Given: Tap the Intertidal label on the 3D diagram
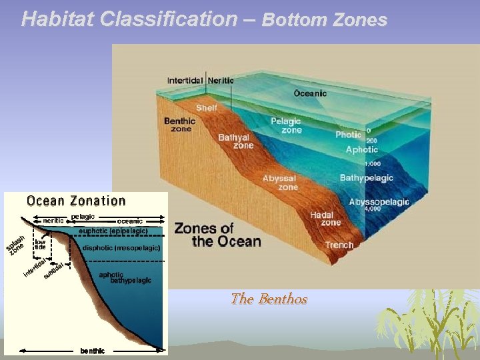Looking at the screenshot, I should click(x=185, y=81).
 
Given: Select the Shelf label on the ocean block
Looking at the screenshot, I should click(x=206, y=108).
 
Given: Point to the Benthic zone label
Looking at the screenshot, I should click(x=180, y=125).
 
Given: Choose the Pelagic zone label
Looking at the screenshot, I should click(x=286, y=125).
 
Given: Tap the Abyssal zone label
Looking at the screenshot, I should click(x=280, y=183).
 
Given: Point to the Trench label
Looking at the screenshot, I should click(x=339, y=245).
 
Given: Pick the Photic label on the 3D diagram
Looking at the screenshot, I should click(x=348, y=135).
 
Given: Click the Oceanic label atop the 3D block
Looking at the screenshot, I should click(x=311, y=93).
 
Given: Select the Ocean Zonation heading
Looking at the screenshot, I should click(x=76, y=201).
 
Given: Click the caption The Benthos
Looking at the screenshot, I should click(x=269, y=299).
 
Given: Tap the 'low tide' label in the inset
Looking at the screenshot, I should click(x=41, y=244).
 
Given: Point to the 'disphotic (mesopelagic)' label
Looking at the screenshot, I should click(x=121, y=248).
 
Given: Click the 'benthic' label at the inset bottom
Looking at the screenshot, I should click(x=92, y=351).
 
